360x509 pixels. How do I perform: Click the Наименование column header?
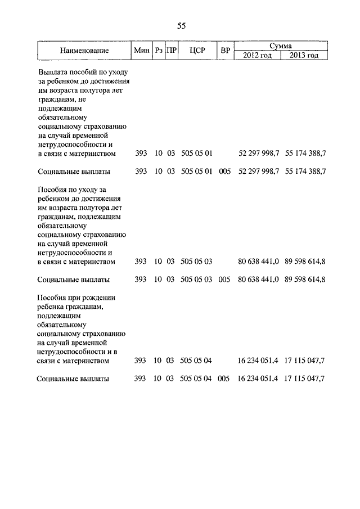(x=84, y=51)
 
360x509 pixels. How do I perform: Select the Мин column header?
(x=142, y=51)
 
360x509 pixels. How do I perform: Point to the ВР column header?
(x=226, y=51)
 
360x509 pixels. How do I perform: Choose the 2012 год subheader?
(x=258, y=55)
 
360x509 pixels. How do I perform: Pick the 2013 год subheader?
(x=304, y=55)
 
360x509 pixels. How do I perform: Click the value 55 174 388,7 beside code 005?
(x=305, y=171)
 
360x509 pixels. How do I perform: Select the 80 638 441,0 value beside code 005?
(x=259, y=279)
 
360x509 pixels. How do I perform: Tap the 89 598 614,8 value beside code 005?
(x=305, y=279)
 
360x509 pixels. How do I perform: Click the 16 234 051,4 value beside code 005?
(x=259, y=379)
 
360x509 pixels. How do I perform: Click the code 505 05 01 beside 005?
(x=197, y=171)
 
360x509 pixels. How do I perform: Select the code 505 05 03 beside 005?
(x=197, y=279)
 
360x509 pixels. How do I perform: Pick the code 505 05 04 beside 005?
(x=197, y=379)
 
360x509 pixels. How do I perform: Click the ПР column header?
(x=172, y=51)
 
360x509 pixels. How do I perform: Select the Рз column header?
(x=159, y=51)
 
